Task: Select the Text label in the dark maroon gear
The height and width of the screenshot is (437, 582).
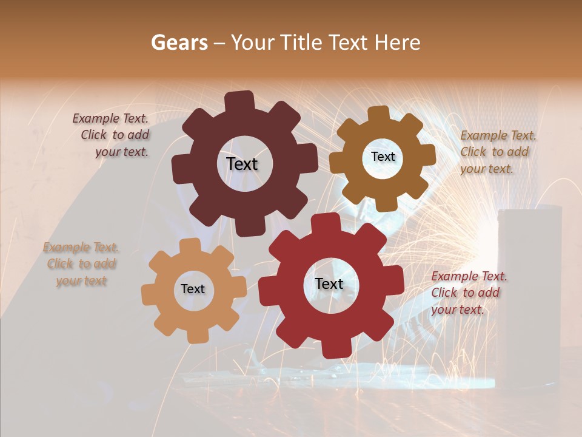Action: point(242,164)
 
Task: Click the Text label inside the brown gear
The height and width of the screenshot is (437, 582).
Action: point(383,157)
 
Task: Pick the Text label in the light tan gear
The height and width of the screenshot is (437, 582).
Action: point(193,289)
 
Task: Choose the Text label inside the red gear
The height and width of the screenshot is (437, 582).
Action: point(329,283)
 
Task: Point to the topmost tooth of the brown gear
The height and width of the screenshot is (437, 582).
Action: point(378,114)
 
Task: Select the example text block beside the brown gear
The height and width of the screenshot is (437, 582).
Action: point(497,152)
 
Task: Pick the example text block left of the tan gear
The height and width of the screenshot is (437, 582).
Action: point(81,263)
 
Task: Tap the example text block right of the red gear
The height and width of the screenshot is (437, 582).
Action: point(468,293)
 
